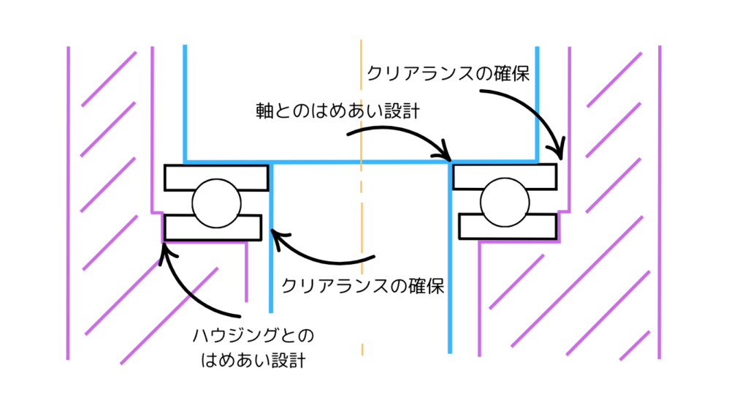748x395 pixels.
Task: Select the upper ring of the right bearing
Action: click(x=505, y=176)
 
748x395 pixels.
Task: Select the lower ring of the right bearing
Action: click(x=505, y=226)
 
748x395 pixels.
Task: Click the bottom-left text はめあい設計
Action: click(x=253, y=360)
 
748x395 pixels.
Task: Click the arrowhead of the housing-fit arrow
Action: click(x=166, y=248)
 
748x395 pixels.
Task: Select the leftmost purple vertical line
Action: click(x=69, y=205)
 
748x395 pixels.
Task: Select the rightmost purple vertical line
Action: click(x=660, y=205)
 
